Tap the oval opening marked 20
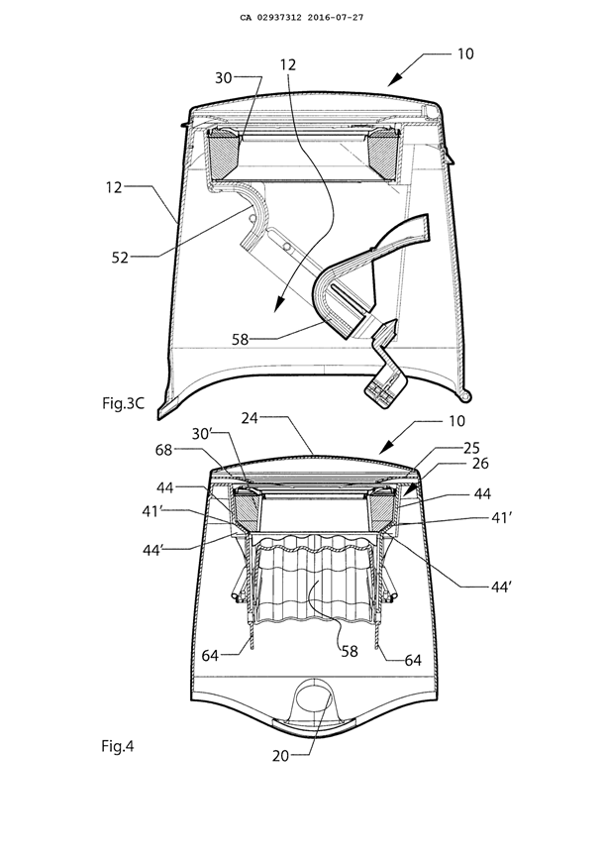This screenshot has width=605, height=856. (316, 697)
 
